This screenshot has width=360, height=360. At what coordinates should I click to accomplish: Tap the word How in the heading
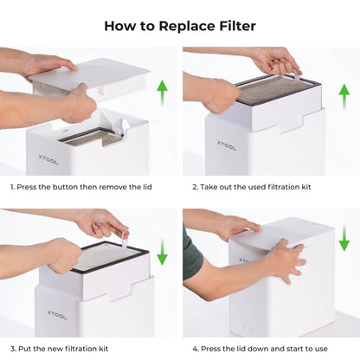coord(119,25)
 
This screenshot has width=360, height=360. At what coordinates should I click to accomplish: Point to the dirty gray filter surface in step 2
coord(277,90)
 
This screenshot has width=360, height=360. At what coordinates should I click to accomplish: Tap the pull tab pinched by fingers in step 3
coord(123,235)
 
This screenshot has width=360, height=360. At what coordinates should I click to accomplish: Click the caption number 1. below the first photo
coord(13,187)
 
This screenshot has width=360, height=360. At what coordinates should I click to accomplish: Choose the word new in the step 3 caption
coord(58,349)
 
